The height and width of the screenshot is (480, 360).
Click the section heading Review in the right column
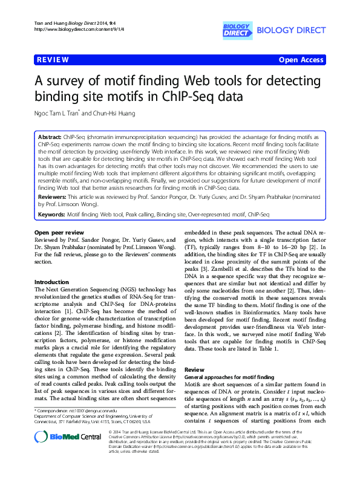tap(194, 369)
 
